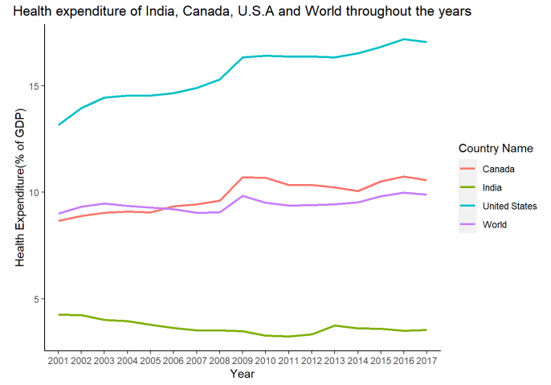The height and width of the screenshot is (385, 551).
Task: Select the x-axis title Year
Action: tap(242, 374)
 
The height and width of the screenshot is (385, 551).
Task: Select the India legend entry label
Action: tap(494, 187)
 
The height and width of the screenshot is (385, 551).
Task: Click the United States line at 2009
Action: tap(243, 58)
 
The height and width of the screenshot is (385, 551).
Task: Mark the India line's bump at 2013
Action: tap(334, 326)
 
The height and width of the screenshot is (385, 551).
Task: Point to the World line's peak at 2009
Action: tap(243, 196)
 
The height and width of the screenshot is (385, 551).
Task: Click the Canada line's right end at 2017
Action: tap(426, 180)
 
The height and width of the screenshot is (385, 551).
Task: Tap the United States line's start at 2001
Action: tap(59, 125)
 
